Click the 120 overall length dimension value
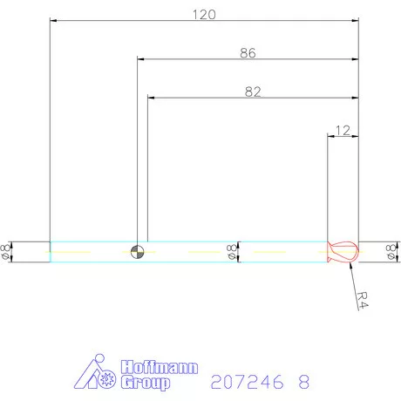[x=203, y=14]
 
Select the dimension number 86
[x=248, y=53]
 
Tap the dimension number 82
[x=253, y=91]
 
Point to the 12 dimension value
[x=342, y=130]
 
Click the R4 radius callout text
[x=363, y=299]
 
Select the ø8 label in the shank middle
[x=231, y=251]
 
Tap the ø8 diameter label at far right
[x=391, y=251]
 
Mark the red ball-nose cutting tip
[x=342, y=251]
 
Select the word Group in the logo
[x=144, y=382]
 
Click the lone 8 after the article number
[x=304, y=382]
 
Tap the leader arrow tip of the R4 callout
[x=349, y=264]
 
